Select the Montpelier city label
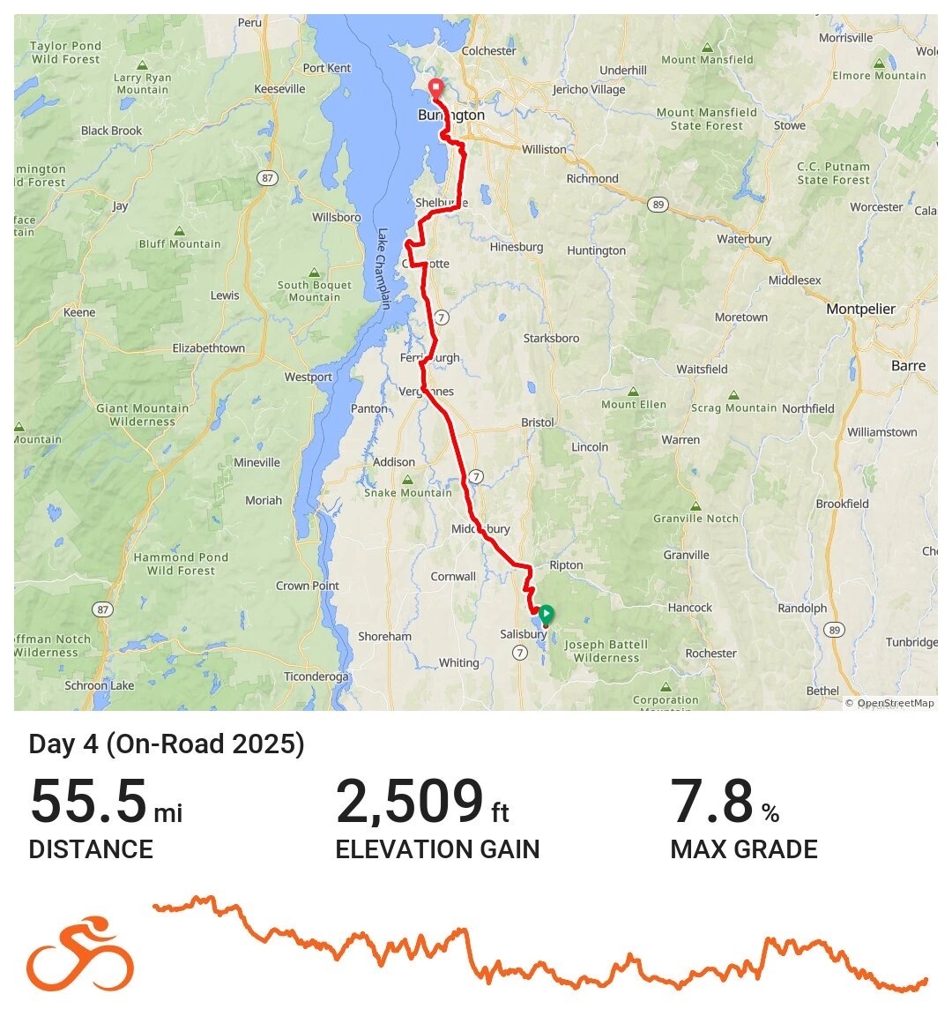[x=860, y=309]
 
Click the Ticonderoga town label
[x=316, y=676]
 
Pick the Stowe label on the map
[x=790, y=125]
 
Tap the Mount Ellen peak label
[x=634, y=404]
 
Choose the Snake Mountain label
[x=408, y=492]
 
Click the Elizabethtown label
[x=209, y=348]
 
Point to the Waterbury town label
[x=745, y=239]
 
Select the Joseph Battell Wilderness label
[x=606, y=651]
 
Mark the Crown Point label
[x=308, y=586]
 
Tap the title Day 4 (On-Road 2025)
[x=167, y=744]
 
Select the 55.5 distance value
[x=88, y=801]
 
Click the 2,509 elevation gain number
[x=409, y=801]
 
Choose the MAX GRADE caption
[x=744, y=849]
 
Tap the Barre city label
[x=908, y=366]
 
